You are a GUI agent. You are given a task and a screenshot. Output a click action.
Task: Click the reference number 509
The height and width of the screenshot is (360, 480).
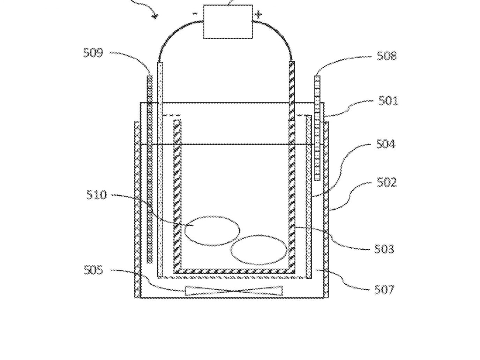[x=93, y=53]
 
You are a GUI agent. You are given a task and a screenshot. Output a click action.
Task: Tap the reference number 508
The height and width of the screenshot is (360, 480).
[x=387, y=56]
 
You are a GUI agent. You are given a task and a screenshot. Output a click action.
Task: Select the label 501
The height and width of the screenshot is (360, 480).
[x=388, y=100]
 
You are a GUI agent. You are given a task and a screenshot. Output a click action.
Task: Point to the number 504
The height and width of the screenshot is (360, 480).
[x=385, y=144]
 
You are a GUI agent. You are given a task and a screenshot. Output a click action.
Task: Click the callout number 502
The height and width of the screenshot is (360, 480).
[x=387, y=182]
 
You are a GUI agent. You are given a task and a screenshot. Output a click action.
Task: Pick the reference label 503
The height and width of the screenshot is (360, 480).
[x=384, y=249]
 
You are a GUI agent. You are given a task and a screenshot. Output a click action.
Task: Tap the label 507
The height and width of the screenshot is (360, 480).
[x=384, y=290]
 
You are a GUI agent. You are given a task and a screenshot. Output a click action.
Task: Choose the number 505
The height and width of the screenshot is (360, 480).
[x=93, y=270]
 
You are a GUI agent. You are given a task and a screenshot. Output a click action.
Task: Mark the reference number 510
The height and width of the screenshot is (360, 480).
[x=96, y=195]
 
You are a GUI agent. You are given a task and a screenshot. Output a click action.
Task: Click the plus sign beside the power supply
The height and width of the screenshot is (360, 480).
[x=258, y=14]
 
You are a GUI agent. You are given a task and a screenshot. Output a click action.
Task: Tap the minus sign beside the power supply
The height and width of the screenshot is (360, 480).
[x=195, y=14]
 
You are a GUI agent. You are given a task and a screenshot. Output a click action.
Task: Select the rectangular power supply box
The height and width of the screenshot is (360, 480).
[x=228, y=22]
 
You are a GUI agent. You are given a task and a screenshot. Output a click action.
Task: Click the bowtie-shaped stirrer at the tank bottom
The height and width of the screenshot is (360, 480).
[x=234, y=291]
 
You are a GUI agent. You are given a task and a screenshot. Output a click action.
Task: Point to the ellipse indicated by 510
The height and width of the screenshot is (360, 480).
[x=212, y=231]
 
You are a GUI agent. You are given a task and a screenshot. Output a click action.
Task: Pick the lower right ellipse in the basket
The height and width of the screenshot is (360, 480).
[x=259, y=250]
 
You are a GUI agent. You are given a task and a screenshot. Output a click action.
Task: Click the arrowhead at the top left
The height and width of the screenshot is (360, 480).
[x=155, y=16]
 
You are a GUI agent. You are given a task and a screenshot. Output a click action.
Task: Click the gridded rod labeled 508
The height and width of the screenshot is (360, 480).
[x=317, y=128]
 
